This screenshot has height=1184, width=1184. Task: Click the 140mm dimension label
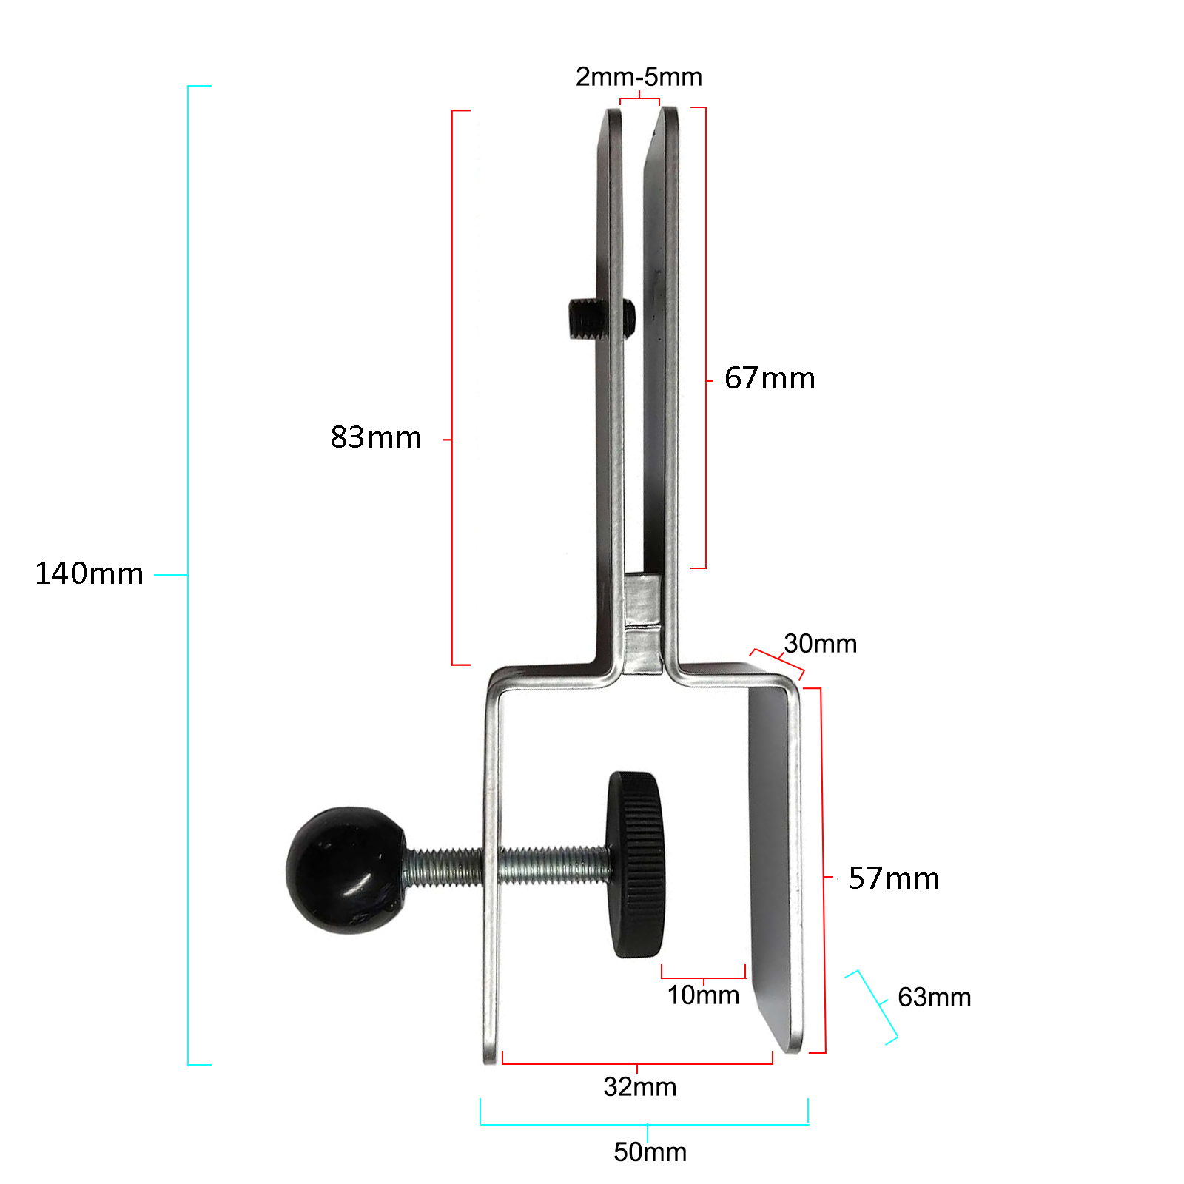[x=89, y=574]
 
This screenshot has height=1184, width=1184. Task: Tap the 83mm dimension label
[x=376, y=438]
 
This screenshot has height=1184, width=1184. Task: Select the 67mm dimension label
[x=770, y=379]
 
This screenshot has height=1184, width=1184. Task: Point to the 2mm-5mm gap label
[x=639, y=77]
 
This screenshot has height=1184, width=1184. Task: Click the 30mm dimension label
[x=820, y=644]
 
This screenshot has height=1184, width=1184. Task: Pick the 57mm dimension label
[x=894, y=879]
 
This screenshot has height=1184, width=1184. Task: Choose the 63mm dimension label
[x=934, y=998]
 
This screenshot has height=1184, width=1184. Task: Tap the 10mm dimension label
[x=703, y=995]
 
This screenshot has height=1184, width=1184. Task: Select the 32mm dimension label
[x=639, y=1087]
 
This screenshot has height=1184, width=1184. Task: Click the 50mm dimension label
[x=650, y=1152]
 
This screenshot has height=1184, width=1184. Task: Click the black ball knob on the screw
[x=344, y=869]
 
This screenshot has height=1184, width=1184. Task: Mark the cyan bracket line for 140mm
[x=189, y=444]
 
